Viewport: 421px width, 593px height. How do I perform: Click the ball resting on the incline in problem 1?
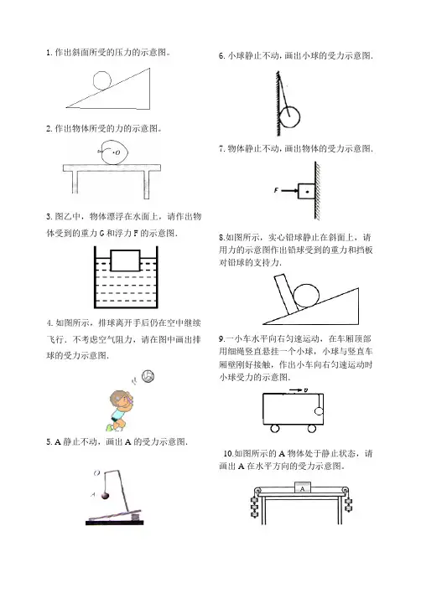[102, 80]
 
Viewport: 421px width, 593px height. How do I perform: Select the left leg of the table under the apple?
[75, 182]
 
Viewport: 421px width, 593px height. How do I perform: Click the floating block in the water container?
[125, 260]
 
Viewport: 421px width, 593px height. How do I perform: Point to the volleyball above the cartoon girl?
[148, 376]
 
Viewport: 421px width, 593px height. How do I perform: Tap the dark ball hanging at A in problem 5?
[106, 495]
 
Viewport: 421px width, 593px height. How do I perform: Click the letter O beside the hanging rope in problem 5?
[97, 472]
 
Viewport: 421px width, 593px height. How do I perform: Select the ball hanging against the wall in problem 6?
[290, 117]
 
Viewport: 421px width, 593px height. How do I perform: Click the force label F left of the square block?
[276, 190]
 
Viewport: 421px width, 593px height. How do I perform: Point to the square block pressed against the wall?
[306, 191]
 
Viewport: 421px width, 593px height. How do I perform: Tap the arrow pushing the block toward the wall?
[289, 191]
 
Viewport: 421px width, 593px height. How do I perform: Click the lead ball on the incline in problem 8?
[307, 296]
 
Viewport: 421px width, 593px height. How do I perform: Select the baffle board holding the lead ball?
[286, 295]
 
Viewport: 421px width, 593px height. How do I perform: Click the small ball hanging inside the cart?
[319, 411]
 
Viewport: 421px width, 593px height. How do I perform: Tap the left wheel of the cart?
[274, 429]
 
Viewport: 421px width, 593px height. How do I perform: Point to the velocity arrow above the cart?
[296, 390]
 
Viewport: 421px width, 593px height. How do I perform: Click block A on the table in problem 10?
[303, 487]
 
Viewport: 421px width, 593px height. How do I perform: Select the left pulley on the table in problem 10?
[257, 491]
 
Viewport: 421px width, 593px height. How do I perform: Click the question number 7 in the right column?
[221, 148]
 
